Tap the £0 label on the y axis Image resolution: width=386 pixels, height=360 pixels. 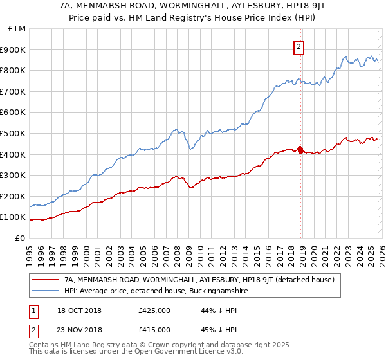coord(20,238)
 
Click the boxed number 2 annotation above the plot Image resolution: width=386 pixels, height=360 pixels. coord(300,46)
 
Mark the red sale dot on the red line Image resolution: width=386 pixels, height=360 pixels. coord(300,150)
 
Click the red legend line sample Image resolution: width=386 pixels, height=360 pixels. coord(44,280)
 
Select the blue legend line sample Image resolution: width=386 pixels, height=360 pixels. coord(44,291)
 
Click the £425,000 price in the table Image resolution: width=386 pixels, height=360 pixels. coord(154,311)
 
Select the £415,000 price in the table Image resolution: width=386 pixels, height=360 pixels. coord(154,329)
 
